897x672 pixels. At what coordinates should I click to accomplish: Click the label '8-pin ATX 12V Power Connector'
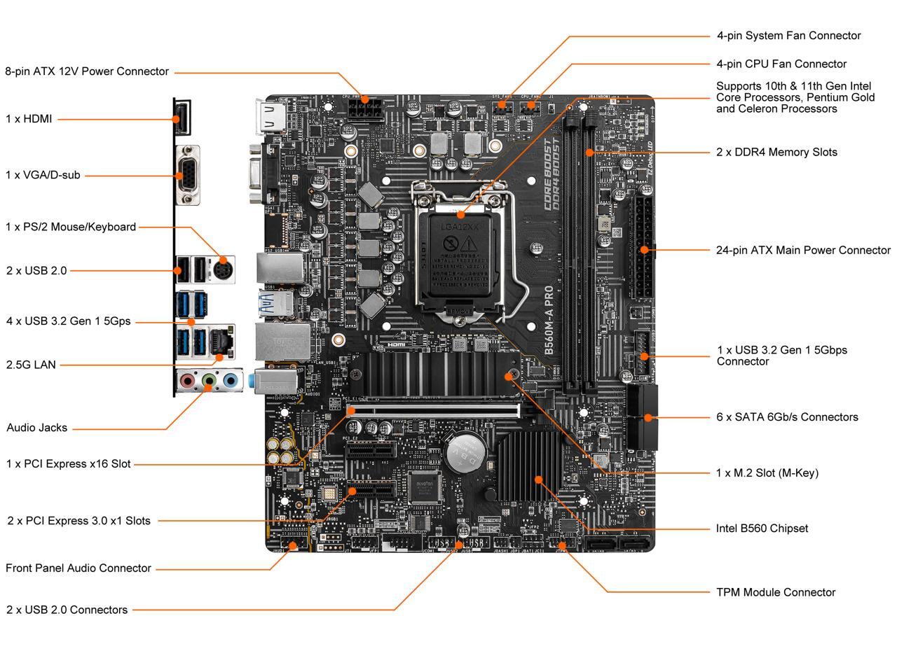coord(87,71)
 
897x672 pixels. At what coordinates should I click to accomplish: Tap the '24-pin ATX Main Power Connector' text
coord(803,250)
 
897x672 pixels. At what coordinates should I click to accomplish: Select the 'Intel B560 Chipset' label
coord(762,528)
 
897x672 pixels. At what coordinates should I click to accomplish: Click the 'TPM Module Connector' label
coord(776,592)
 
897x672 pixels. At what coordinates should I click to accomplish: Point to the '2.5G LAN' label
coord(31,365)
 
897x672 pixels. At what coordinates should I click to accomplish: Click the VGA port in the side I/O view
coord(188,175)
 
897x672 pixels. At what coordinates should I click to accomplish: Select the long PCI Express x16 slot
coord(434,411)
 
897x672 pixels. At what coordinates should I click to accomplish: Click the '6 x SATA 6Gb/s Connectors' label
coord(787,417)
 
